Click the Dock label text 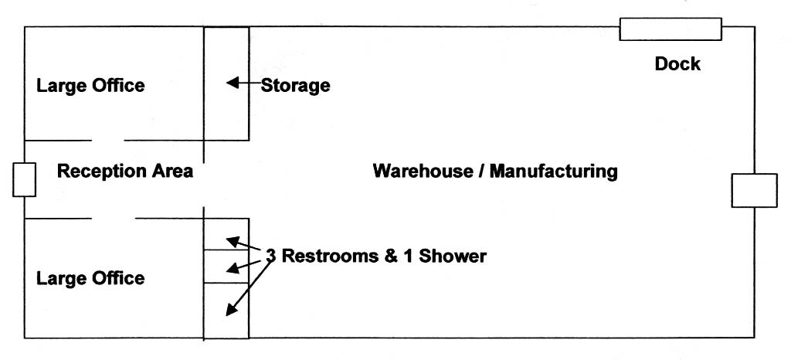677,64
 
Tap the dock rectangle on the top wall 670,29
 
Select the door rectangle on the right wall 754,190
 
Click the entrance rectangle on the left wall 24,179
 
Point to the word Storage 295,85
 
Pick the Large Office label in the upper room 90,85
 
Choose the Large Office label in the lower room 90,277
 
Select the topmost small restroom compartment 226,233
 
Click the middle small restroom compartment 226,266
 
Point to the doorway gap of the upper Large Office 108,141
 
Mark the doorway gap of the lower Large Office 113,219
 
